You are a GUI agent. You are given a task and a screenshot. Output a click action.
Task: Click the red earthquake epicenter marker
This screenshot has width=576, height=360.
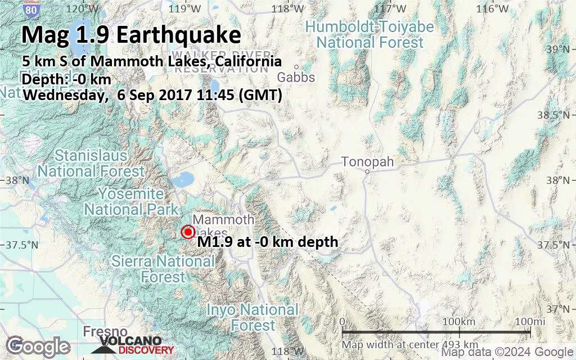click(188, 232)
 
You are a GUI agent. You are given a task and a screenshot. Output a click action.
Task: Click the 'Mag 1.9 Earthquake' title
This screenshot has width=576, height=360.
click(131, 35)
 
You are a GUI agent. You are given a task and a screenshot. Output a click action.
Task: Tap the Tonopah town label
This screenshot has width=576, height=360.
click(368, 163)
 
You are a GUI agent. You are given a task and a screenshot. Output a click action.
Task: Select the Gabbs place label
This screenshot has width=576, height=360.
click(296, 77)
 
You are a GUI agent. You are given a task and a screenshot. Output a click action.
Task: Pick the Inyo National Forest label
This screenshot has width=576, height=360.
click(253, 317)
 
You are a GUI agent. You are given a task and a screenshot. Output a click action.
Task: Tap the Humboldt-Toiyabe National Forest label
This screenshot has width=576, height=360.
click(370, 34)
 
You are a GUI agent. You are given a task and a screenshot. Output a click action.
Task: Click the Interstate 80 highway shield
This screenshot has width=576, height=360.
click(32, 9)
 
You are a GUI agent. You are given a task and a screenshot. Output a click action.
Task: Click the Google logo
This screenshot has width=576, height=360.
click(38, 346)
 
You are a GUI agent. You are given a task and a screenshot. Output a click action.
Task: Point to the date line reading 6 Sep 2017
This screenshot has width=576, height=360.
click(152, 95)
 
